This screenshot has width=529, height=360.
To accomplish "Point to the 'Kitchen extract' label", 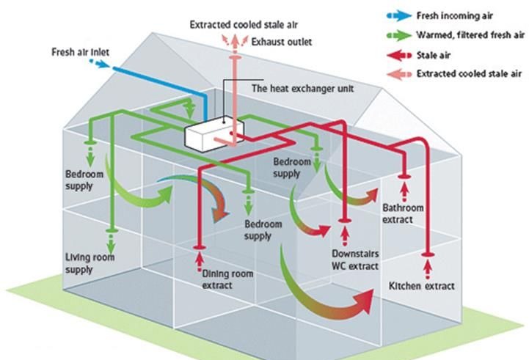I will [422, 285].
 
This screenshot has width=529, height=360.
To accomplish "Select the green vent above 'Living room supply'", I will [110, 230].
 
